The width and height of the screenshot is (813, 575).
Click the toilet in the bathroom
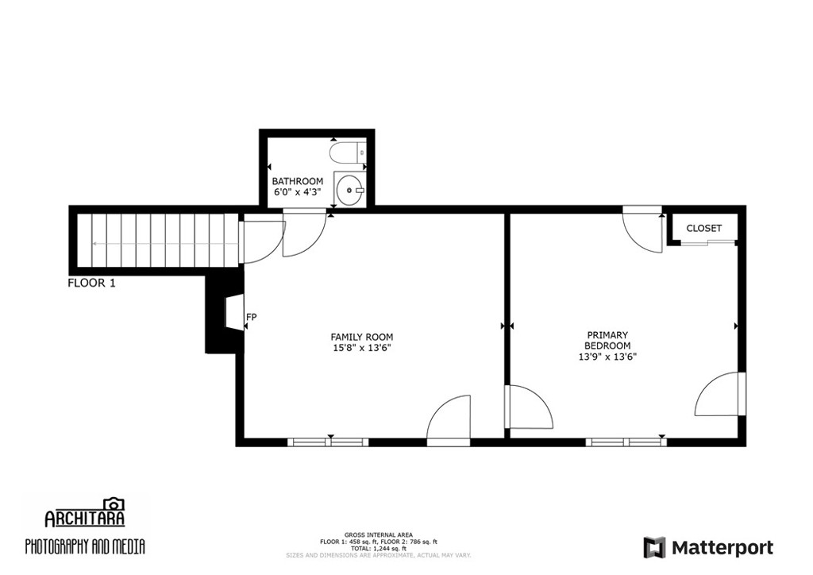(x=349, y=153)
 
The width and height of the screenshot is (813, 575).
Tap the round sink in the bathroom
(x=349, y=189)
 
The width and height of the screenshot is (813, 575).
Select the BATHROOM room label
(x=298, y=181)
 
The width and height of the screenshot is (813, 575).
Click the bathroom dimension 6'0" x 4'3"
(x=298, y=192)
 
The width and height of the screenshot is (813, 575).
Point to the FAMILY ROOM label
(x=362, y=337)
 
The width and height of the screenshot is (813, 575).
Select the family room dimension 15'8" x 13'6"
(x=362, y=348)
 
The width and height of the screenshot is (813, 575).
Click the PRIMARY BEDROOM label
(x=607, y=340)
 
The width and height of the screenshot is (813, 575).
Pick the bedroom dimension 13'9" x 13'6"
(x=607, y=357)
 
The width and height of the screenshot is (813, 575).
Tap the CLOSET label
(x=704, y=228)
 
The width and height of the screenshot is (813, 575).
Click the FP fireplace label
(x=252, y=316)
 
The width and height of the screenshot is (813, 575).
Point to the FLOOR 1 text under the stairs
(x=92, y=283)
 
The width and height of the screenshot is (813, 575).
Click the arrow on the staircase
(x=160, y=243)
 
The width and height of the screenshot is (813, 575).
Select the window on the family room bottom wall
(x=328, y=442)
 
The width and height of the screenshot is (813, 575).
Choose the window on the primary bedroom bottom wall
(x=626, y=442)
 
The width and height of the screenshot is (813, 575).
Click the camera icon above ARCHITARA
(x=114, y=504)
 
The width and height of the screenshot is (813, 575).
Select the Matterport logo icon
(x=654, y=547)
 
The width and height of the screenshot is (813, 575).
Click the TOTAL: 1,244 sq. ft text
(x=379, y=548)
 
